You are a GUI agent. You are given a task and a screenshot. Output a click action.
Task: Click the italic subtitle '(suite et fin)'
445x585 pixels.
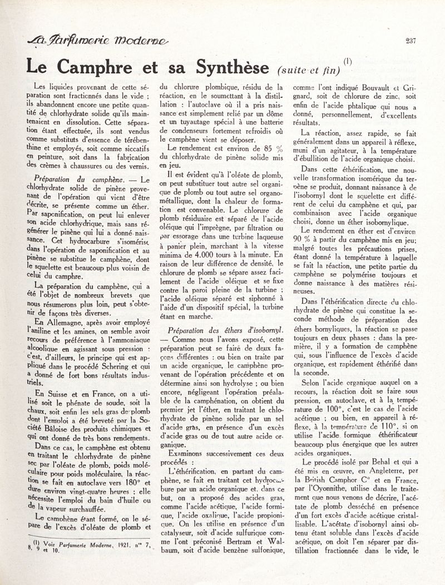[308, 69]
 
